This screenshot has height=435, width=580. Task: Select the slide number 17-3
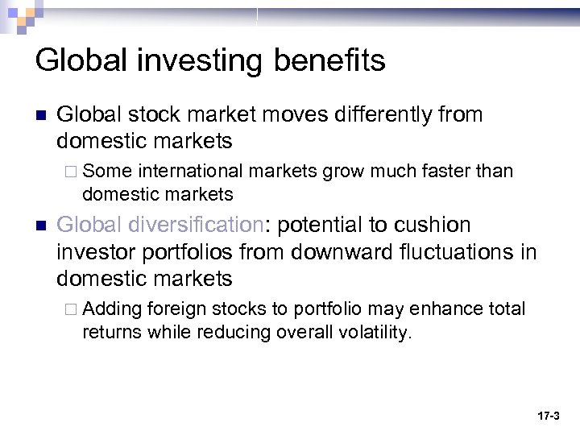[x=548, y=416]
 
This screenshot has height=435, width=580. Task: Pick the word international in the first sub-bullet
[x=191, y=171]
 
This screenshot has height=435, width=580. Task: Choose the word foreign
[x=176, y=309]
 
